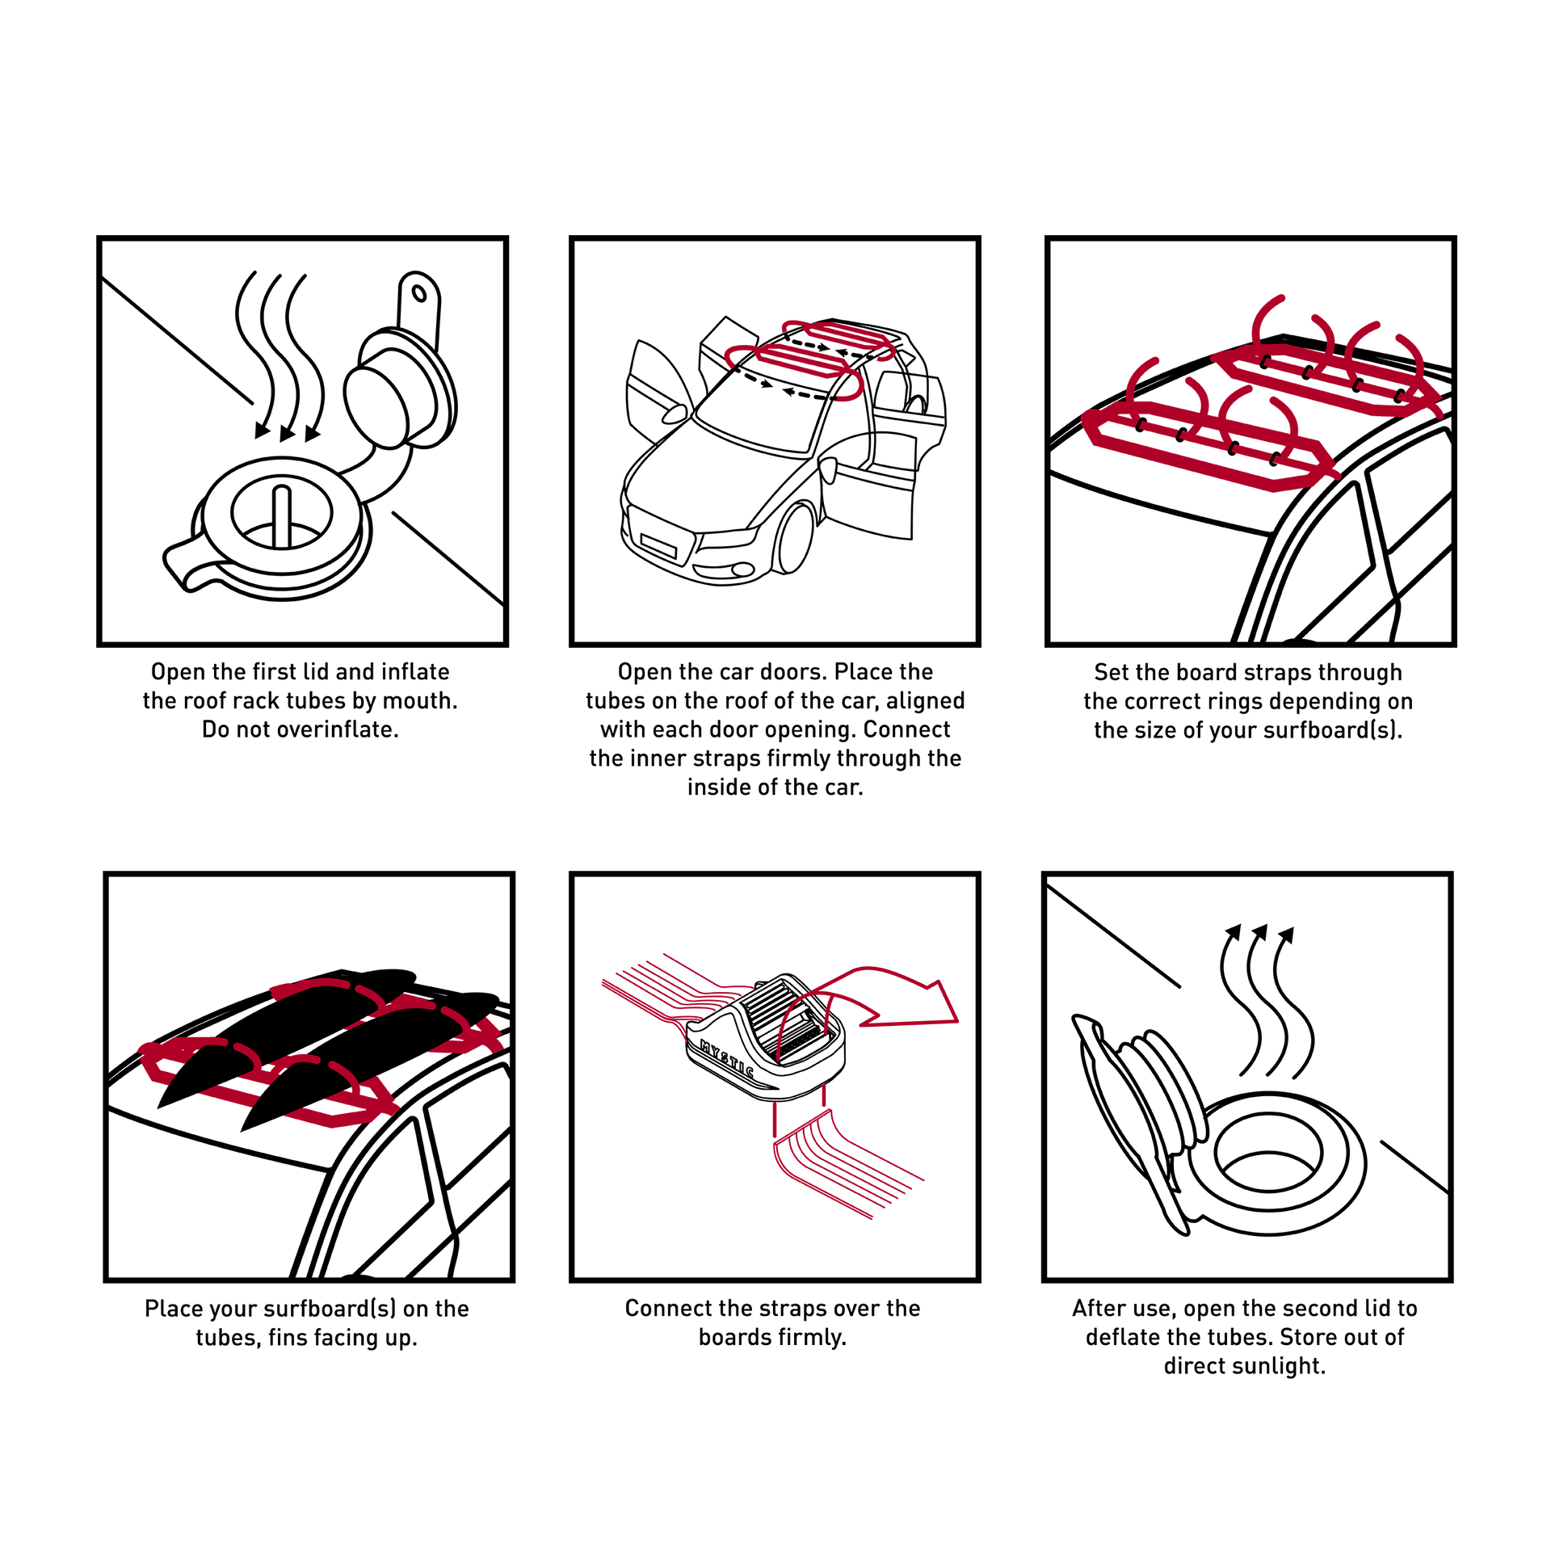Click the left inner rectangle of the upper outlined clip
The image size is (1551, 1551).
(1280, 364)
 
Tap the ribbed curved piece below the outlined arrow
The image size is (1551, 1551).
(840, 1163)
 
